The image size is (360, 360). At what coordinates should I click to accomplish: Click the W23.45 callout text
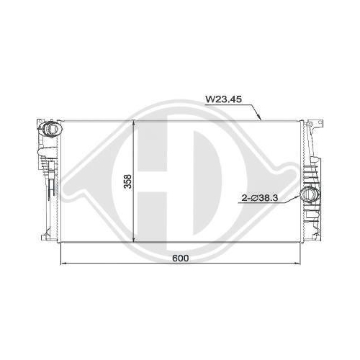click(x=223, y=99)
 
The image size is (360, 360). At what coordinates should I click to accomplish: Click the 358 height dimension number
click(x=128, y=181)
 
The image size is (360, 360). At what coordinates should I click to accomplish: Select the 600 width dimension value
click(x=181, y=258)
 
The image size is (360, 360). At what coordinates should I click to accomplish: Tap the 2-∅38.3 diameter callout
click(x=260, y=198)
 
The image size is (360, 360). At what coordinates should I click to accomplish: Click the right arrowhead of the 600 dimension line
click(x=297, y=264)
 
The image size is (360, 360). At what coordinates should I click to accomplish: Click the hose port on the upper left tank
click(x=52, y=129)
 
